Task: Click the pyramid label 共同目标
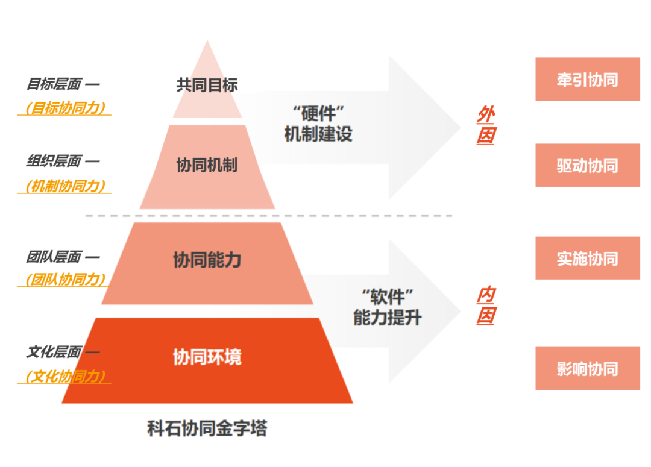coord(207,85)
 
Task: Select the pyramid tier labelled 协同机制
coord(207,167)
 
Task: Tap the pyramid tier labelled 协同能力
coord(207,263)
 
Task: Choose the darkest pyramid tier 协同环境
coord(207,360)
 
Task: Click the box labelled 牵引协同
coord(588,79)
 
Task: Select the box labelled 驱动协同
coord(588,165)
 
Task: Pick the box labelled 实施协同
coord(588,258)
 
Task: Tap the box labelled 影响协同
coord(588,368)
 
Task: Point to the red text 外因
coord(486,125)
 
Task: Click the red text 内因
coord(486,305)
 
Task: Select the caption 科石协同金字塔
coord(207,428)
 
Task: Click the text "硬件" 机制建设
coord(318,124)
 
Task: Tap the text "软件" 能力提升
coord(388,307)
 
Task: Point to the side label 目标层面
coord(54,84)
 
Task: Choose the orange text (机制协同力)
coord(64,186)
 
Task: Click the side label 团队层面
coord(54,257)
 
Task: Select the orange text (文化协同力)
coord(64,376)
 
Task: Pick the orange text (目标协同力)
coord(64,108)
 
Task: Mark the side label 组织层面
coord(54,161)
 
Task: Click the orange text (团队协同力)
coord(64,279)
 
